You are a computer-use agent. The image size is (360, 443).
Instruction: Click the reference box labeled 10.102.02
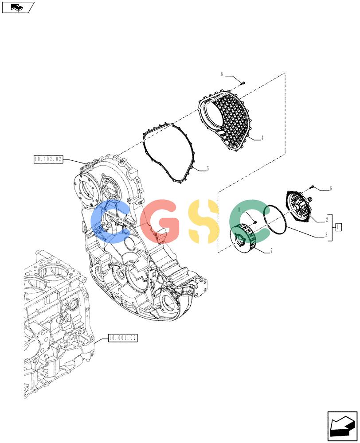(x=48, y=159)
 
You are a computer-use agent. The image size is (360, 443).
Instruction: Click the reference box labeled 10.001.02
(x=123, y=338)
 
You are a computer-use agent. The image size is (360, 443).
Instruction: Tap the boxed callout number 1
(x=338, y=227)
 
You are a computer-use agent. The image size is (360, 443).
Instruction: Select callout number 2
(x=327, y=219)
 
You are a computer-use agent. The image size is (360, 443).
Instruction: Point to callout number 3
(x=326, y=234)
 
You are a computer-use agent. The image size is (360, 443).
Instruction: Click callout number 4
(x=262, y=138)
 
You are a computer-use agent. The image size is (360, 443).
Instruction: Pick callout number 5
(x=208, y=169)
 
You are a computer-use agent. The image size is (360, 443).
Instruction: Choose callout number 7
(x=271, y=250)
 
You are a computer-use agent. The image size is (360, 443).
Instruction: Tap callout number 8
(x=239, y=210)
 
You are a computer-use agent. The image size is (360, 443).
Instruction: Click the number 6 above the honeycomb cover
(x=222, y=74)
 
